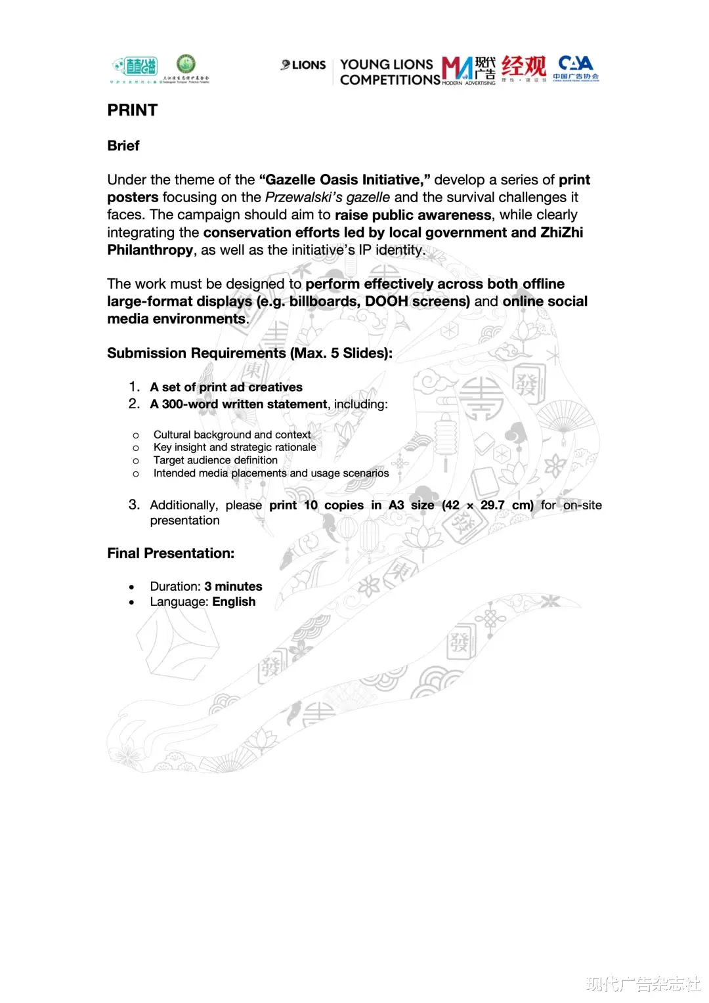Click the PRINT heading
pyautogui.click(x=133, y=110)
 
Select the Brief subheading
pyautogui.click(x=123, y=146)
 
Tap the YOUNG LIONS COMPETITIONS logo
pyautogui.click(x=389, y=72)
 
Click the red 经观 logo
pyautogui.click(x=523, y=68)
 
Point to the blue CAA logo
pyautogui.click(x=576, y=67)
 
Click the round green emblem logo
pyautogui.click(x=186, y=64)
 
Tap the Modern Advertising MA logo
pyautogui.click(x=469, y=70)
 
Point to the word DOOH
pyautogui.click(x=387, y=301)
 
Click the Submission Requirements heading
pyautogui.click(x=249, y=353)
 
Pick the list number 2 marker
pyautogui.click(x=134, y=404)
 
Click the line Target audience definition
pyautogui.click(x=215, y=460)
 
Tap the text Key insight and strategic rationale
pyautogui.click(x=234, y=447)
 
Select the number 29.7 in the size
pyautogui.click(x=492, y=505)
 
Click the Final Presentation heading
pyautogui.click(x=171, y=553)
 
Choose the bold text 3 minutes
pyautogui.click(x=233, y=586)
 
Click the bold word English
pyautogui.click(x=234, y=602)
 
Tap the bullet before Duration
pyautogui.click(x=132, y=587)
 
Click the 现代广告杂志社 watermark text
pyautogui.click(x=643, y=984)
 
